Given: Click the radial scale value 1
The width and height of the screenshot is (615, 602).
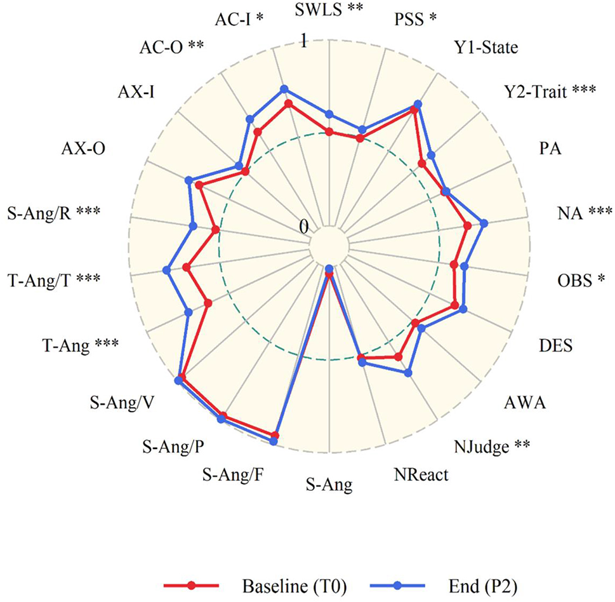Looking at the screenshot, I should click(304, 42).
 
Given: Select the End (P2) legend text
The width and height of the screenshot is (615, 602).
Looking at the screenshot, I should click(480, 583).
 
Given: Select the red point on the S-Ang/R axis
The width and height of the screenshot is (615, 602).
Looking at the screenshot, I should click(215, 230).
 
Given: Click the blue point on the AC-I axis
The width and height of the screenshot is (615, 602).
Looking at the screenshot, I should click(284, 89).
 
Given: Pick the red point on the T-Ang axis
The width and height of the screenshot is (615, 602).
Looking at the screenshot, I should click(208, 304).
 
